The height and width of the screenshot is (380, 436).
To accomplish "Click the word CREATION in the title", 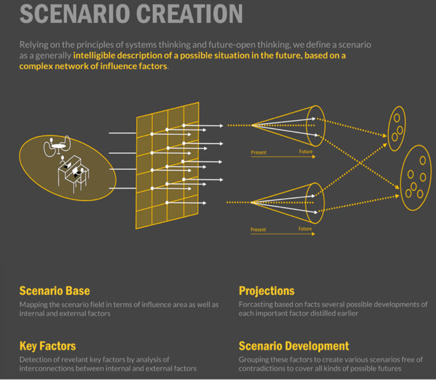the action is (x=189, y=14).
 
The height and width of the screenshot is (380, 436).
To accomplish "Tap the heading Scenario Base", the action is (x=55, y=291).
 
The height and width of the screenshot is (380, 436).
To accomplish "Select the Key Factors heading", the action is (x=47, y=346).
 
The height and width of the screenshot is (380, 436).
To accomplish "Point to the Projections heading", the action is (x=267, y=291).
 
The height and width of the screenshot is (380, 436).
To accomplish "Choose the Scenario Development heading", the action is (x=294, y=346).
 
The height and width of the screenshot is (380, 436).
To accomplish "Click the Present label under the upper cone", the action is (x=259, y=153).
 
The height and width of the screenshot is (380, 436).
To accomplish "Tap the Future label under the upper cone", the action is (x=306, y=152).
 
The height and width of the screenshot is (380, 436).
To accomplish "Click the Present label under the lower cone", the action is (x=258, y=230).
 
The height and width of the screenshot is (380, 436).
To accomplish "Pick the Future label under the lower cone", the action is (x=305, y=229).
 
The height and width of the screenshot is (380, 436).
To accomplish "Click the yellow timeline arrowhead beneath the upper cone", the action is (x=313, y=157).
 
